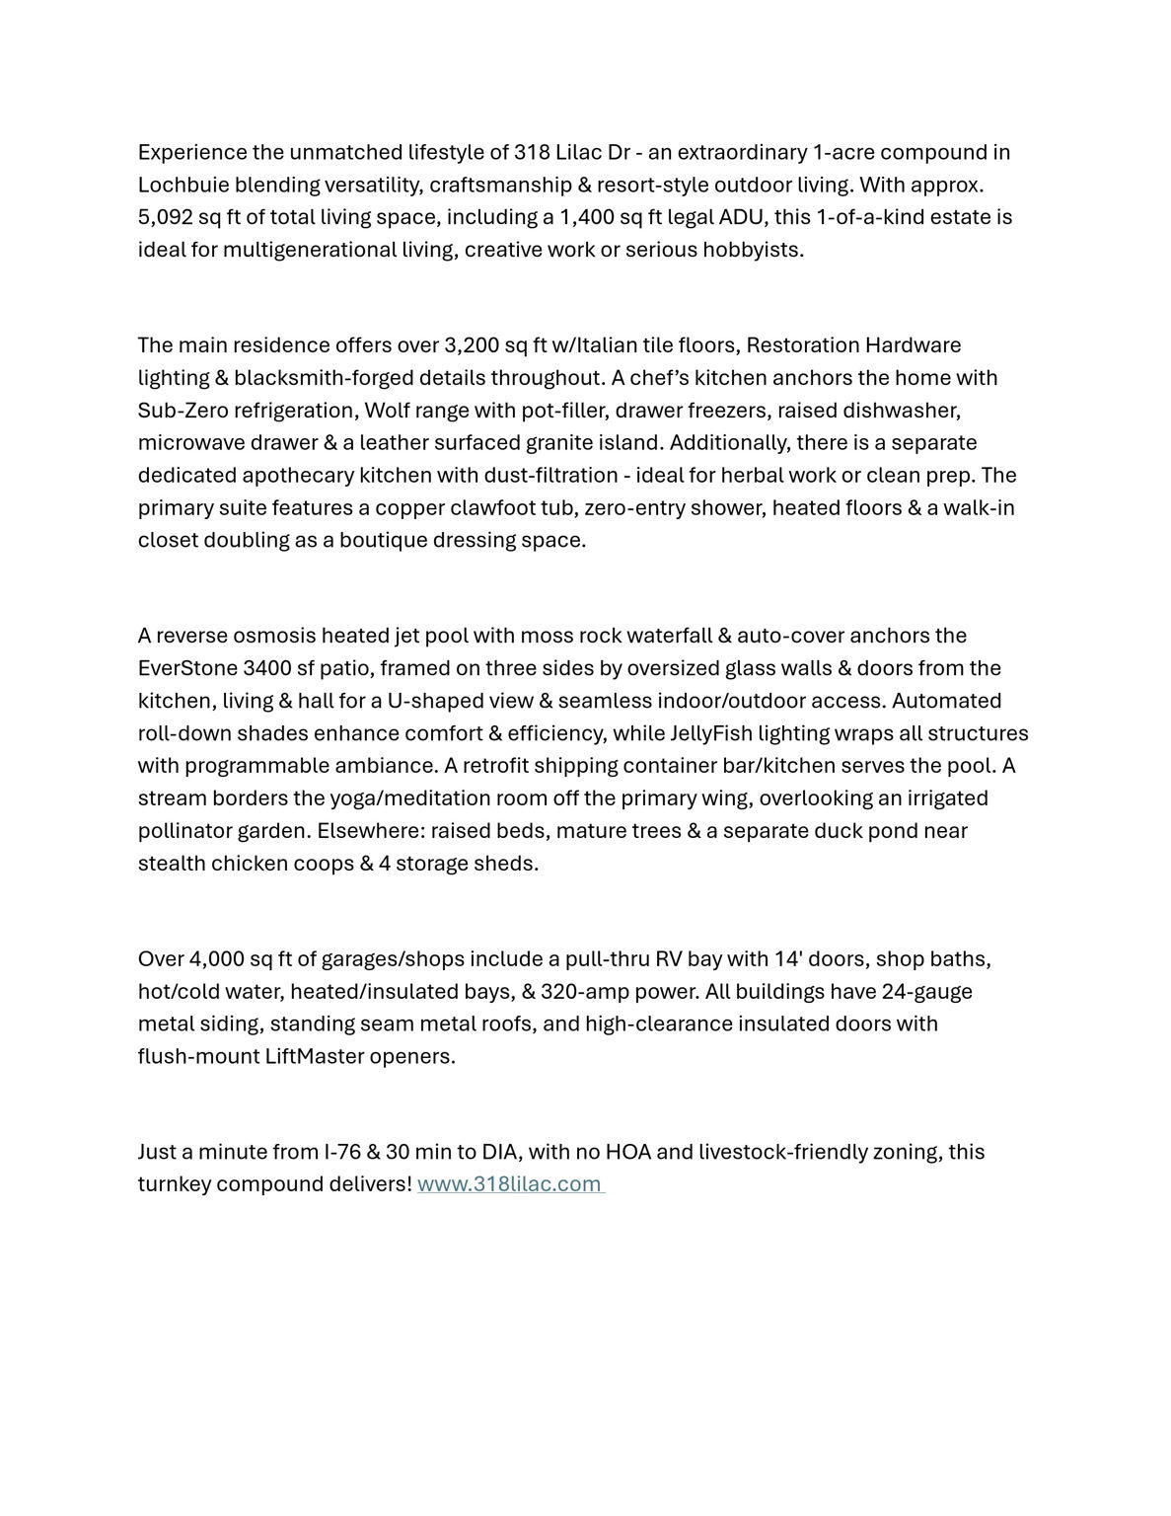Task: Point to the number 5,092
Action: click(x=165, y=217)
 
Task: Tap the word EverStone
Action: click(x=186, y=668)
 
